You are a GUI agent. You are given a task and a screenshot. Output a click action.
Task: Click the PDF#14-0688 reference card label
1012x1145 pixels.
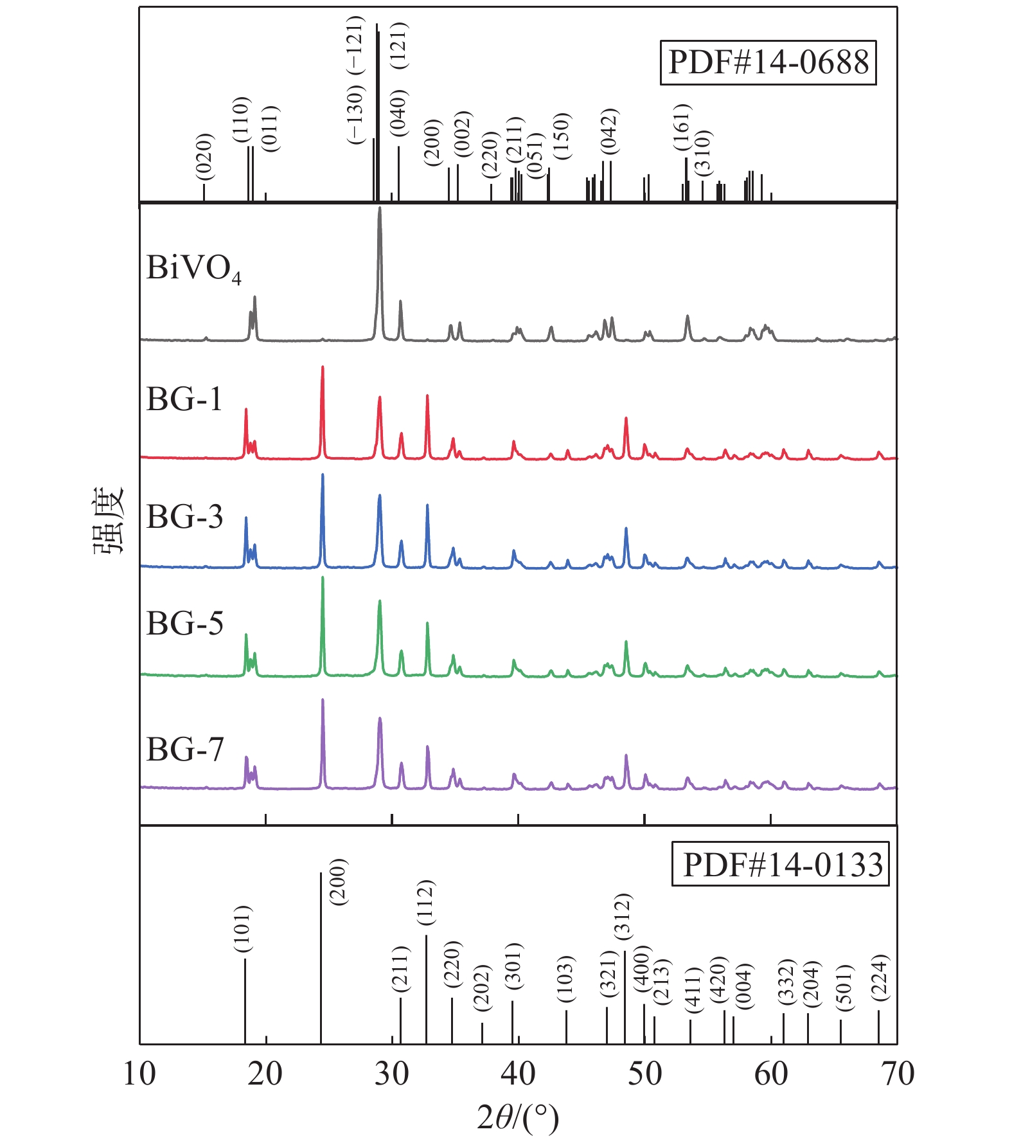[768, 63]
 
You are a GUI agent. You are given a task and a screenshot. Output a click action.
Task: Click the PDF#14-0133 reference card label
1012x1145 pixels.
[781, 865]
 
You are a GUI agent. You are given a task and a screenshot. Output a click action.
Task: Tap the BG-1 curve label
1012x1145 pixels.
[184, 399]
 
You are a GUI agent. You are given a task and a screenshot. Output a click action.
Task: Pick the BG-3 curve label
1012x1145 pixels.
[185, 516]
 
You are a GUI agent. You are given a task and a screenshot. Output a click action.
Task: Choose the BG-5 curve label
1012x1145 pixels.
[185, 623]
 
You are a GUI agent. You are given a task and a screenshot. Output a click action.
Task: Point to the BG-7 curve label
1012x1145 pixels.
[185, 749]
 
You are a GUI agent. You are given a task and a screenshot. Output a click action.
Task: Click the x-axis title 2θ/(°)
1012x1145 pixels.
[518, 1118]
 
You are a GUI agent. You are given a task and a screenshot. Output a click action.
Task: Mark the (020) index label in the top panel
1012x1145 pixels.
[204, 157]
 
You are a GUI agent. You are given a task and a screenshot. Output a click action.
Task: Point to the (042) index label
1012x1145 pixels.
[609, 132]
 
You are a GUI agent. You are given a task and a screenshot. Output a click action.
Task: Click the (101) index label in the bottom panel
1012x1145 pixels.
[243, 929]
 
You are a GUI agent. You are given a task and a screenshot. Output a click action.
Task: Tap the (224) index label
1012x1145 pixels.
[880, 977]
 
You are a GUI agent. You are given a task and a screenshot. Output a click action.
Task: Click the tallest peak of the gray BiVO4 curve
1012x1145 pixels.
[379, 209]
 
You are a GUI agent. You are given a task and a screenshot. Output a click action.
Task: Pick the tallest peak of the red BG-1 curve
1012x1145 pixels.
[323, 368]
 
